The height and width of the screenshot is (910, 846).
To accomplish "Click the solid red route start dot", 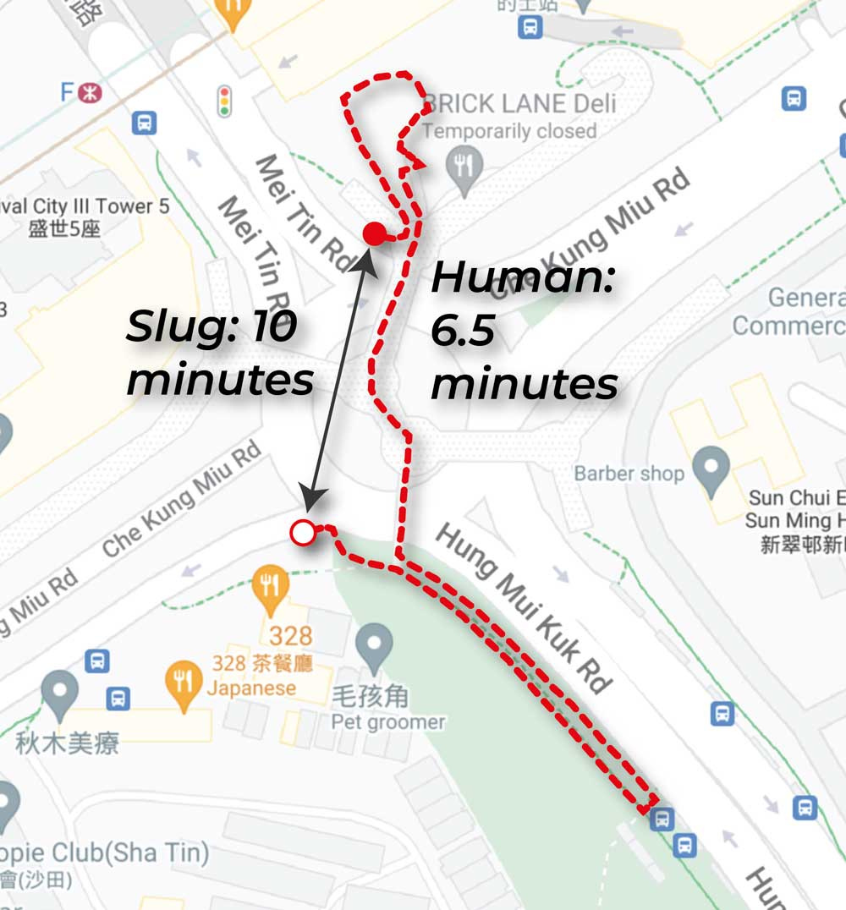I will tap(375, 234).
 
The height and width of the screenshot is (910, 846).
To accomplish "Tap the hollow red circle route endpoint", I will tap(302, 532).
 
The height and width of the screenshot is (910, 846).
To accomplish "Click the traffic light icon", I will tap(225, 100).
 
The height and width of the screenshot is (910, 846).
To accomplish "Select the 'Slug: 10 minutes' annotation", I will tap(220, 353).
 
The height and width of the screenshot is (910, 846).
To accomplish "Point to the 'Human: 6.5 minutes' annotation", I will tap(525, 332).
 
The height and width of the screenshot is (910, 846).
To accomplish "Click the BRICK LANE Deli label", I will tap(519, 104).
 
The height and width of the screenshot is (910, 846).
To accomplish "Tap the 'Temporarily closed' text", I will tap(509, 131).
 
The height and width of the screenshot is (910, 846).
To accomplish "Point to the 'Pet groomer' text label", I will tap(387, 722).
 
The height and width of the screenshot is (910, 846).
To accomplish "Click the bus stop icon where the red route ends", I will tap(662, 818).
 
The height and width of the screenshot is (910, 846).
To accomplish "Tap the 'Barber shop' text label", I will tap(629, 474).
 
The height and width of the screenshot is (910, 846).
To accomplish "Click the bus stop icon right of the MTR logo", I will tap(145, 123).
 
